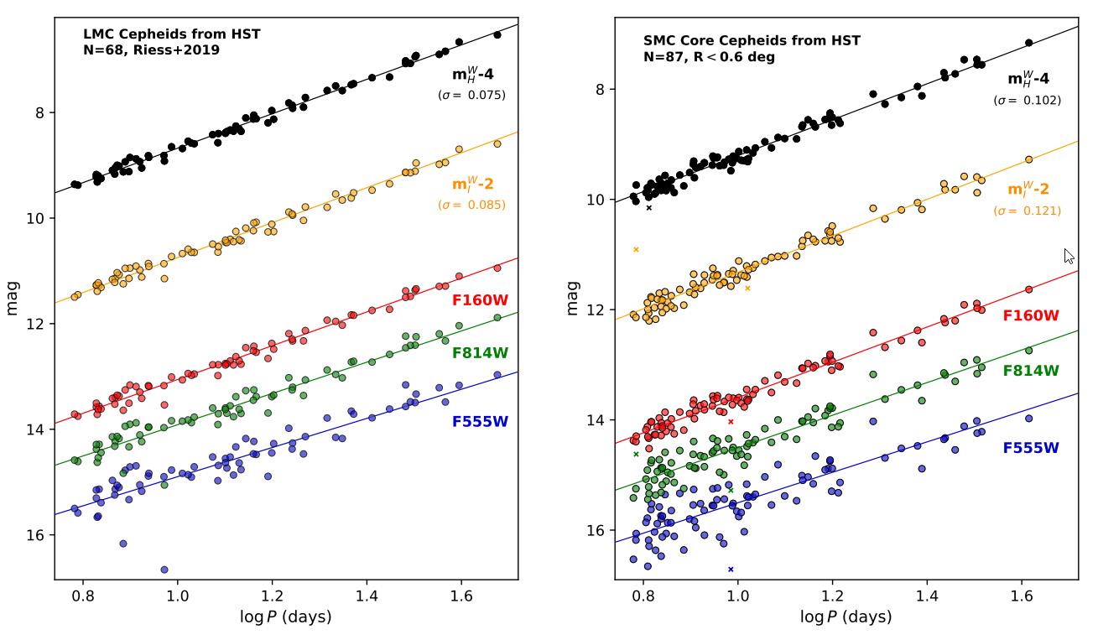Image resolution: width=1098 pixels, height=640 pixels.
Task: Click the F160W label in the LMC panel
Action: tap(480, 300)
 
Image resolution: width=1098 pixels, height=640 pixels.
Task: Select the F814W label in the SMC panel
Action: tap(1031, 370)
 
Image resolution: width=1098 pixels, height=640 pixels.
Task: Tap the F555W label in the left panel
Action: tap(480, 422)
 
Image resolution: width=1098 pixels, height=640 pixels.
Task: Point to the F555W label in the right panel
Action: tap(1031, 448)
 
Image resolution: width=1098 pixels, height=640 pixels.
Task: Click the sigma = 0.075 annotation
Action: tap(471, 96)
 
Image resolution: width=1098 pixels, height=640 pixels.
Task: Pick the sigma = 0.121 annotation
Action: tap(1027, 211)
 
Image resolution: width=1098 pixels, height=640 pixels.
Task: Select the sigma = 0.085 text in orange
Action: tap(471, 205)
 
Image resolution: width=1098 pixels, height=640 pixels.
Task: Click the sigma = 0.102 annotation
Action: tap(1027, 101)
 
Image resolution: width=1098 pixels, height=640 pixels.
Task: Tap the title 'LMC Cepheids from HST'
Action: tap(171, 34)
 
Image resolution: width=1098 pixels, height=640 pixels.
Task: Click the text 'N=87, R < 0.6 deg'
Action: tap(709, 58)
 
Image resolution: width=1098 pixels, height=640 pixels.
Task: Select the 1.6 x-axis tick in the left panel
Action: tap(461, 597)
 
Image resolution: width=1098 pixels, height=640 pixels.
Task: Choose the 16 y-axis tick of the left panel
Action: tap(36, 535)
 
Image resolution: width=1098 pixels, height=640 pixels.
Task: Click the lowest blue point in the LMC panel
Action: tap(164, 570)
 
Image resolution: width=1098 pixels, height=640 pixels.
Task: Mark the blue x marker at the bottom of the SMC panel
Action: tap(731, 570)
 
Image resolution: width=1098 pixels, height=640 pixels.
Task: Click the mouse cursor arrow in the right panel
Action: tap(1069, 256)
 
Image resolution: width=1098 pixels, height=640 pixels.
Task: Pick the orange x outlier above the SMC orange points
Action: tap(636, 249)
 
